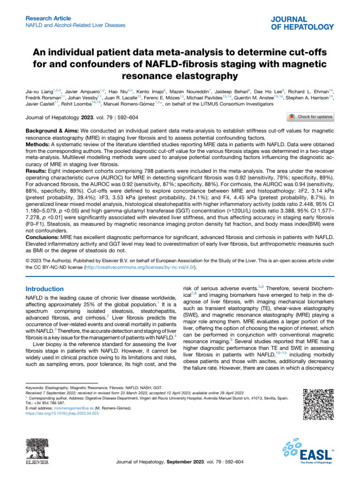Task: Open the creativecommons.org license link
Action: pyautogui.click(x=146, y=267)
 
